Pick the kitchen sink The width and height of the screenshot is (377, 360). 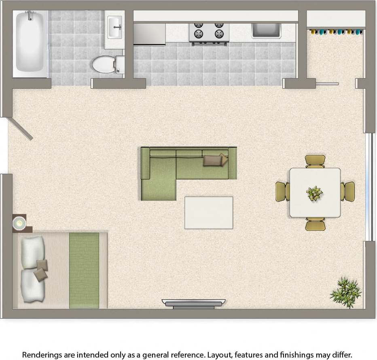(x=266, y=30)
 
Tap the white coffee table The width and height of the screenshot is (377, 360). (x=209, y=213)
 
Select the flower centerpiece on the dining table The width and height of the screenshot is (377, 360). (x=314, y=193)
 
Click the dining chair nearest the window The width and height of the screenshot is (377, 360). (x=348, y=191)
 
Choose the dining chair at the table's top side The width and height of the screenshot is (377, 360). (x=315, y=161)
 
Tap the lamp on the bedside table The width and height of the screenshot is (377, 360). (x=19, y=222)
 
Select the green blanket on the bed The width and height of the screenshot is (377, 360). (x=84, y=270)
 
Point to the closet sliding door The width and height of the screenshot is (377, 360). (x=327, y=84)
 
